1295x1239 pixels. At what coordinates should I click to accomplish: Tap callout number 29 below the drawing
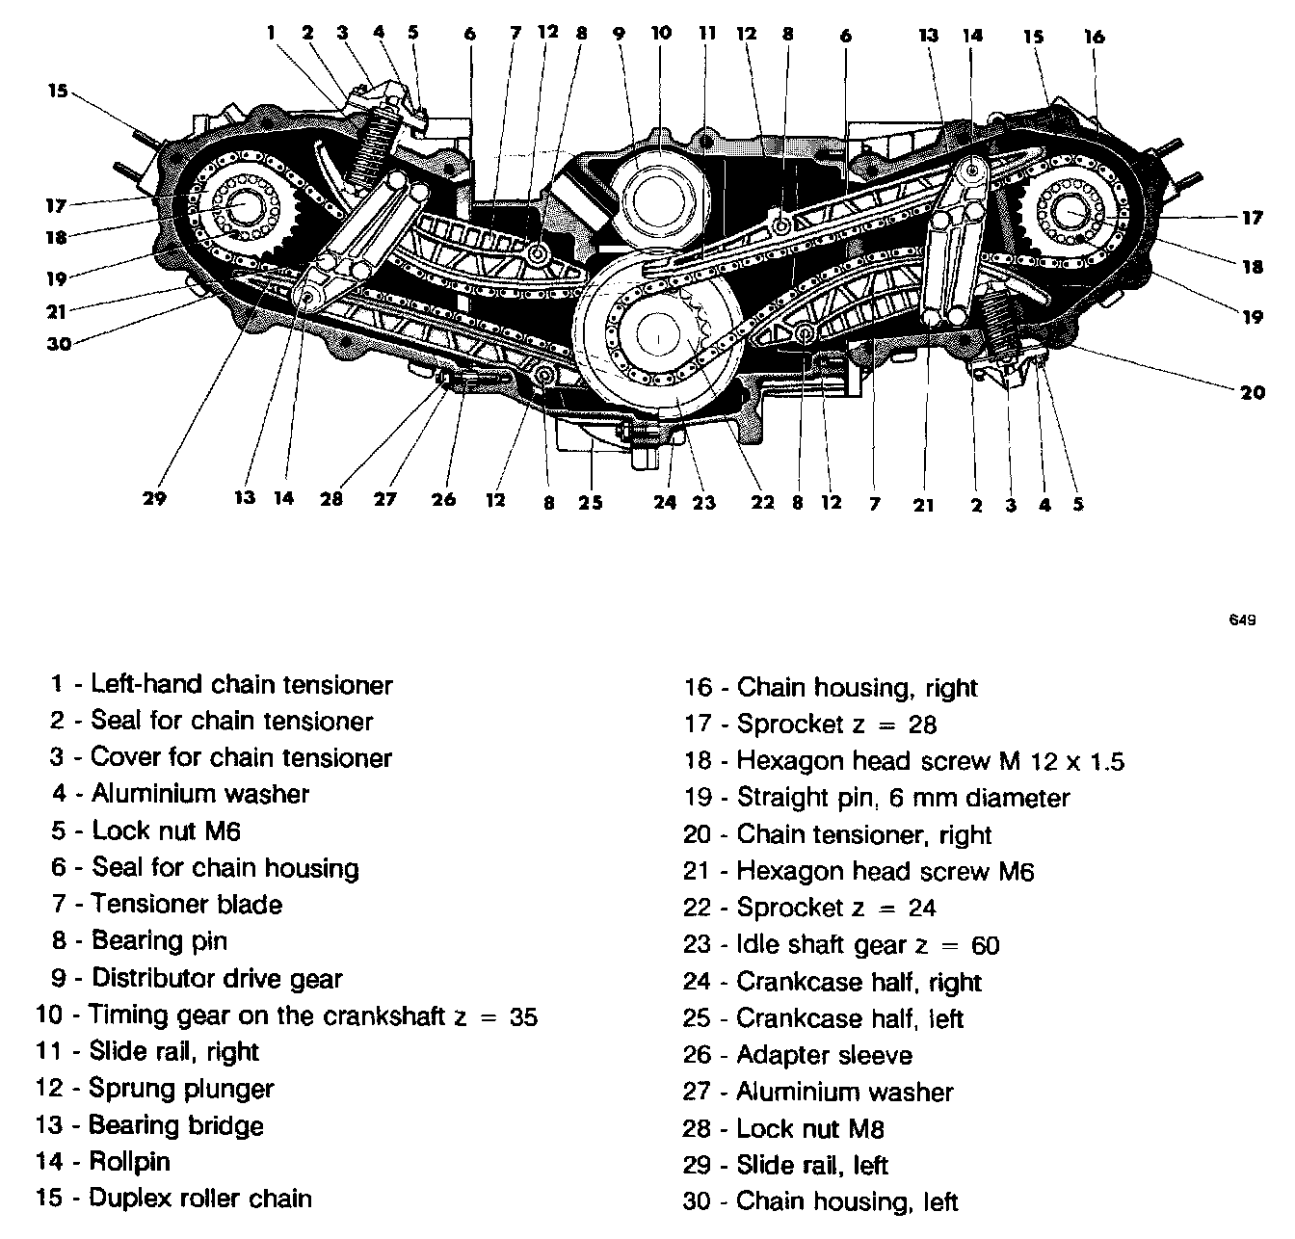[154, 498]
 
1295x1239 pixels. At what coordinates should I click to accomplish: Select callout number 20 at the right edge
[1252, 392]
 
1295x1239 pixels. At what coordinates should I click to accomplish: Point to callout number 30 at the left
[59, 343]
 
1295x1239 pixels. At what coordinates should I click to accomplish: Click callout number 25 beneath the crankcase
[590, 502]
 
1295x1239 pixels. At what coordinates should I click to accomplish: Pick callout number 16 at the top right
[1094, 37]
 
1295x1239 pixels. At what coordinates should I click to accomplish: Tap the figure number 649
[1242, 620]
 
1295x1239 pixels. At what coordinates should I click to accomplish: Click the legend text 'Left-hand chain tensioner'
[241, 685]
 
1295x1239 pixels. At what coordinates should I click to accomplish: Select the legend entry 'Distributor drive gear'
[217, 979]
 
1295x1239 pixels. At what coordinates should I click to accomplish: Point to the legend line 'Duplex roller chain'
[200, 1199]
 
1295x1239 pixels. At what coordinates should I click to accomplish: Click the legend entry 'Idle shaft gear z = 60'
[867, 945]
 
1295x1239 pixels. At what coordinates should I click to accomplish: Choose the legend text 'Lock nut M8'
[809, 1128]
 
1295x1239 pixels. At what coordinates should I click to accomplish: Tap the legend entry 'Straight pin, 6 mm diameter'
[903, 798]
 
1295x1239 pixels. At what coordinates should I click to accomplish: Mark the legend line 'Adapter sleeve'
[824, 1055]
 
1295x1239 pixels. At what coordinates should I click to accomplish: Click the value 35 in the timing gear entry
[523, 1016]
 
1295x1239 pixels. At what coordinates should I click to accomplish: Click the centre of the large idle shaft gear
[658, 337]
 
